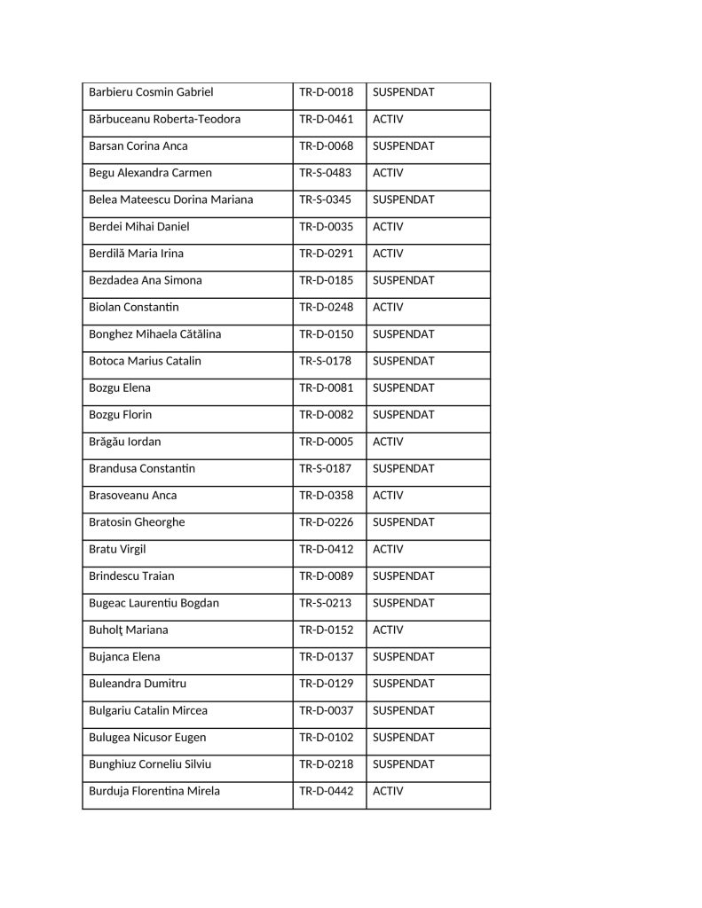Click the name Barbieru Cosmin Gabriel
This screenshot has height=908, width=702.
(151, 92)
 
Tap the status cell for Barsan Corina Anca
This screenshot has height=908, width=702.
(403, 145)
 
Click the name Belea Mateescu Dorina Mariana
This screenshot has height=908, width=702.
(170, 200)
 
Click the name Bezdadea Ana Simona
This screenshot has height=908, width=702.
(145, 280)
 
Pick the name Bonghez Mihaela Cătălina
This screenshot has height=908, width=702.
(154, 334)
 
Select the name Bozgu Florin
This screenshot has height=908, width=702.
(120, 415)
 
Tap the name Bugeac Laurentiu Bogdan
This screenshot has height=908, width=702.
(154, 603)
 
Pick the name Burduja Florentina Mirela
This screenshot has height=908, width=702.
(154, 791)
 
